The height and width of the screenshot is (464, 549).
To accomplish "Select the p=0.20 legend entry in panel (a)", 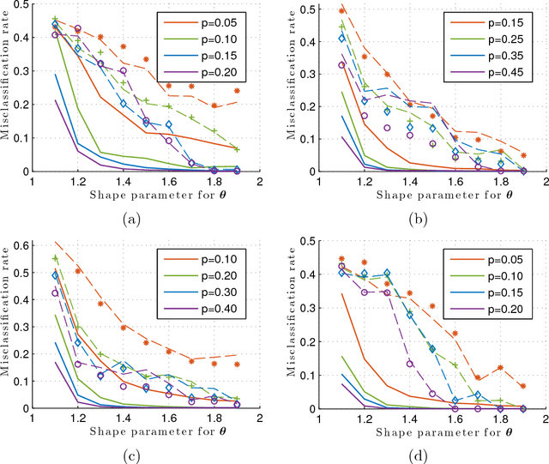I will coord(218,69).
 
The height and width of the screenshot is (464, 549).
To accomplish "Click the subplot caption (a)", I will coord(131,219).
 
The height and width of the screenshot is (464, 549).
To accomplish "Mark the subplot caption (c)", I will coord(131,454).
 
